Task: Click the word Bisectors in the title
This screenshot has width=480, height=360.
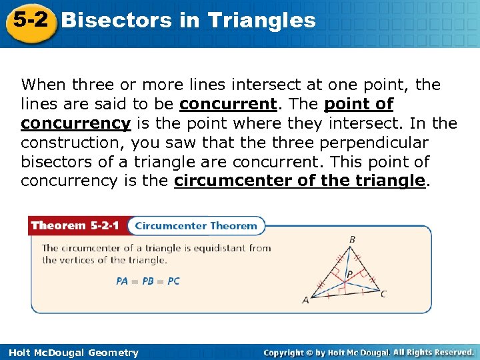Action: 116,20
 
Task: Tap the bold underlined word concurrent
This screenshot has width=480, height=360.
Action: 228,105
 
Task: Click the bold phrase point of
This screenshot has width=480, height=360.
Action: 359,105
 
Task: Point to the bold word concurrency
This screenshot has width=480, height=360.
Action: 75,124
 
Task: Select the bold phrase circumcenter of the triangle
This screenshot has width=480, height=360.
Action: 299,181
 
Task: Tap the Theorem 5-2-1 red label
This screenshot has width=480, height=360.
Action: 75,225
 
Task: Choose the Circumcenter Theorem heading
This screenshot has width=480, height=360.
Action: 196,225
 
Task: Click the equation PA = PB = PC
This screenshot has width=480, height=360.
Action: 148,281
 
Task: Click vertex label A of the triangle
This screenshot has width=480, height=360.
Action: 306,300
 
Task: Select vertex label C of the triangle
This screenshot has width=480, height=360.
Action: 383,293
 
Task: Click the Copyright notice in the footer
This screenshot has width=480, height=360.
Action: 369,352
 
